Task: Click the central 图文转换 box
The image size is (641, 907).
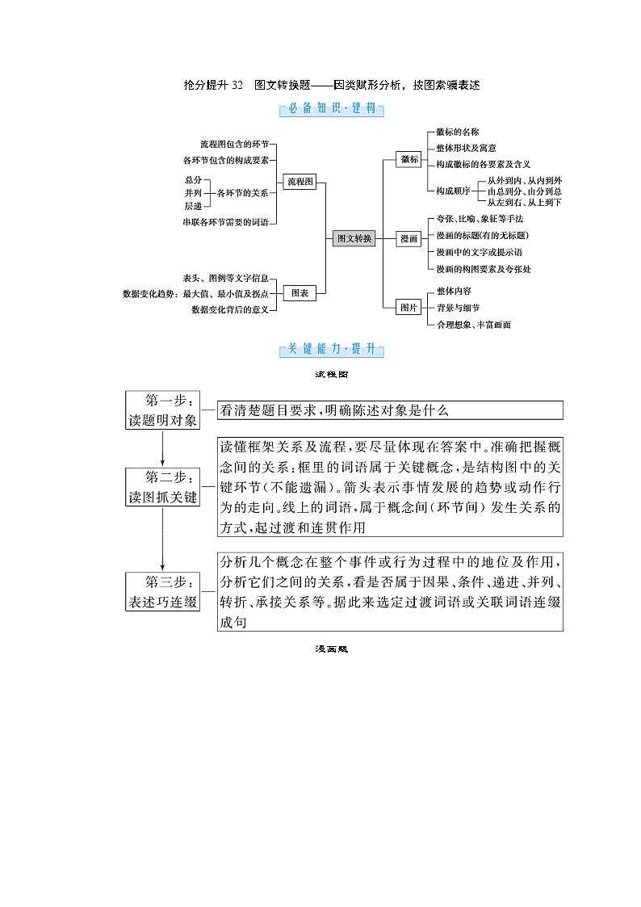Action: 354,238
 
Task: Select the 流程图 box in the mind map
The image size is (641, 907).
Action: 300,183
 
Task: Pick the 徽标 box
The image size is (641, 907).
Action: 410,160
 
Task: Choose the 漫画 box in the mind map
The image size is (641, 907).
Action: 410,238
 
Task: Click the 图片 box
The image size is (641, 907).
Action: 410,307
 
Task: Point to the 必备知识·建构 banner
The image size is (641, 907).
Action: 332,110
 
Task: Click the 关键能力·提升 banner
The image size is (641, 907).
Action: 332,350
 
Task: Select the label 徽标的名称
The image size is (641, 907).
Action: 458,132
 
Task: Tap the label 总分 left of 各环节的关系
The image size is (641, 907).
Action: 193,179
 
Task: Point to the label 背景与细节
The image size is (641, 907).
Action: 458,308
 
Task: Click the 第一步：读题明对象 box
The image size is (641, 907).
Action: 162,410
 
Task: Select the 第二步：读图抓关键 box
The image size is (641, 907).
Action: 162,486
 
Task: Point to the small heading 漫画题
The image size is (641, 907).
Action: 331,648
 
